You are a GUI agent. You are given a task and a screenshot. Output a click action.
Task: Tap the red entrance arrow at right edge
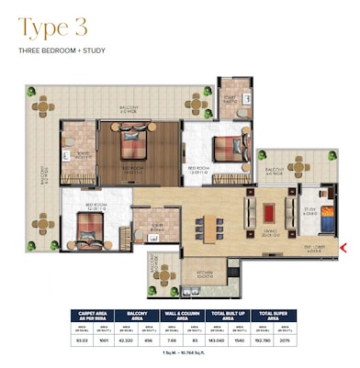[x=343, y=247]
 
